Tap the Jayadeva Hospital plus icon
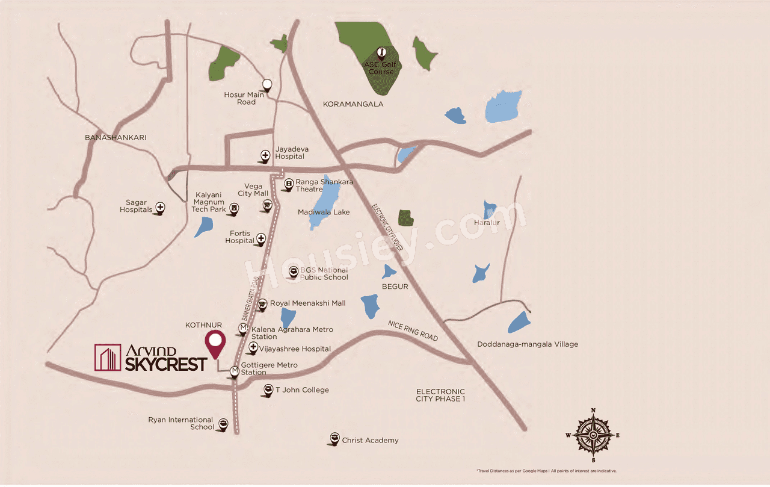[x=265, y=155]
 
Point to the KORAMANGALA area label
[x=353, y=104]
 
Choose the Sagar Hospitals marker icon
[x=161, y=208]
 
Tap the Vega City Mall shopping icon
[x=266, y=206]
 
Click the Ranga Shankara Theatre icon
[x=289, y=183]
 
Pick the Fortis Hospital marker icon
[x=261, y=239]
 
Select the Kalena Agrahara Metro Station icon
[x=243, y=329]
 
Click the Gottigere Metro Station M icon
[x=235, y=371]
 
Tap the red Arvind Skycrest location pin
[x=215, y=344]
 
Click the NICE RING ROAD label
[x=413, y=330]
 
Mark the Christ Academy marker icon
[x=334, y=438]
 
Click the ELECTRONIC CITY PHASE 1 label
[x=440, y=395]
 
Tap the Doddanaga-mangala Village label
[x=527, y=344]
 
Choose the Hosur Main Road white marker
[x=266, y=85]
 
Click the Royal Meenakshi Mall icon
[x=262, y=304]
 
